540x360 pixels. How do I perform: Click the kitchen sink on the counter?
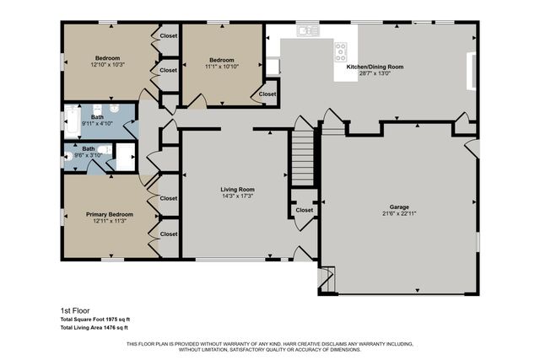click(x=308, y=30)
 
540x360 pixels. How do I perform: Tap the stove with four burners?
click(x=341, y=49)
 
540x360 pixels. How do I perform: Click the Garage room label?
click(x=398, y=207)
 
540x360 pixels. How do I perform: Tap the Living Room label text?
click(x=237, y=190)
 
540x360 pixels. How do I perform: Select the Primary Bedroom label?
click(x=109, y=215)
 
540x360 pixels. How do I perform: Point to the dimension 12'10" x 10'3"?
click(x=108, y=65)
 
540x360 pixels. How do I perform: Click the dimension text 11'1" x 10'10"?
click(x=221, y=67)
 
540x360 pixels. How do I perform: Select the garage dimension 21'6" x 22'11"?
click(x=398, y=213)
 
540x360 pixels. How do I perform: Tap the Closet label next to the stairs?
click(x=304, y=210)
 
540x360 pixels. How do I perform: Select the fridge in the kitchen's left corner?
click(x=273, y=66)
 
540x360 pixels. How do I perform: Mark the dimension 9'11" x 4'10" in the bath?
click(x=97, y=123)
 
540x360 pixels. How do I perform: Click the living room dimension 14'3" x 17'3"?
click(x=237, y=196)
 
